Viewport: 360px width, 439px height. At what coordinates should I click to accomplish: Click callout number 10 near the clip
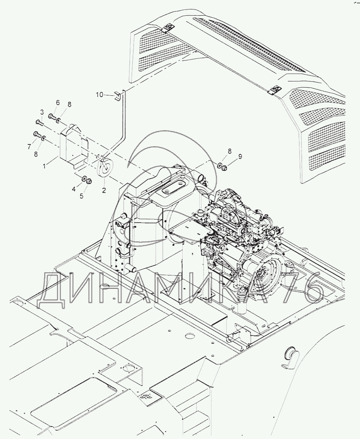pos(99,94)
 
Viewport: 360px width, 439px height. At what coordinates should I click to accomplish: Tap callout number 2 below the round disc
pos(104,190)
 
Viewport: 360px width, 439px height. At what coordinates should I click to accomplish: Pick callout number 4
pos(74,189)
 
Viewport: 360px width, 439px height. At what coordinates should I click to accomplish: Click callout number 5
pos(81,195)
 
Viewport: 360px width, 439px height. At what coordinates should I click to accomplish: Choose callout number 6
pos(58,103)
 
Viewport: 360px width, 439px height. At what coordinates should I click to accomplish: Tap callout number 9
pos(240,156)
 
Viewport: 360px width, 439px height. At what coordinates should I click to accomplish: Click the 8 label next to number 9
pos(230,151)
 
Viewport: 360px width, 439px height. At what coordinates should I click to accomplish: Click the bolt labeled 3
pos(39,123)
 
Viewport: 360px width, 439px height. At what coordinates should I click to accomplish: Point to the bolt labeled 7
pos(37,134)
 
